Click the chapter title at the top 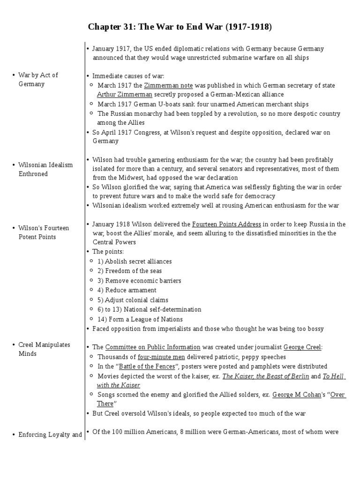180,27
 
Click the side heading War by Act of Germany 38,80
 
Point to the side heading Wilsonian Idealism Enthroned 45,169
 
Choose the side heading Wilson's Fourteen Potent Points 44,232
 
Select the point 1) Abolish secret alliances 135,262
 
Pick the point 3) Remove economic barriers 139,281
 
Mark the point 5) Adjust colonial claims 133,300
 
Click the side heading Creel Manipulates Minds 44,349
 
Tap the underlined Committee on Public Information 153,347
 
